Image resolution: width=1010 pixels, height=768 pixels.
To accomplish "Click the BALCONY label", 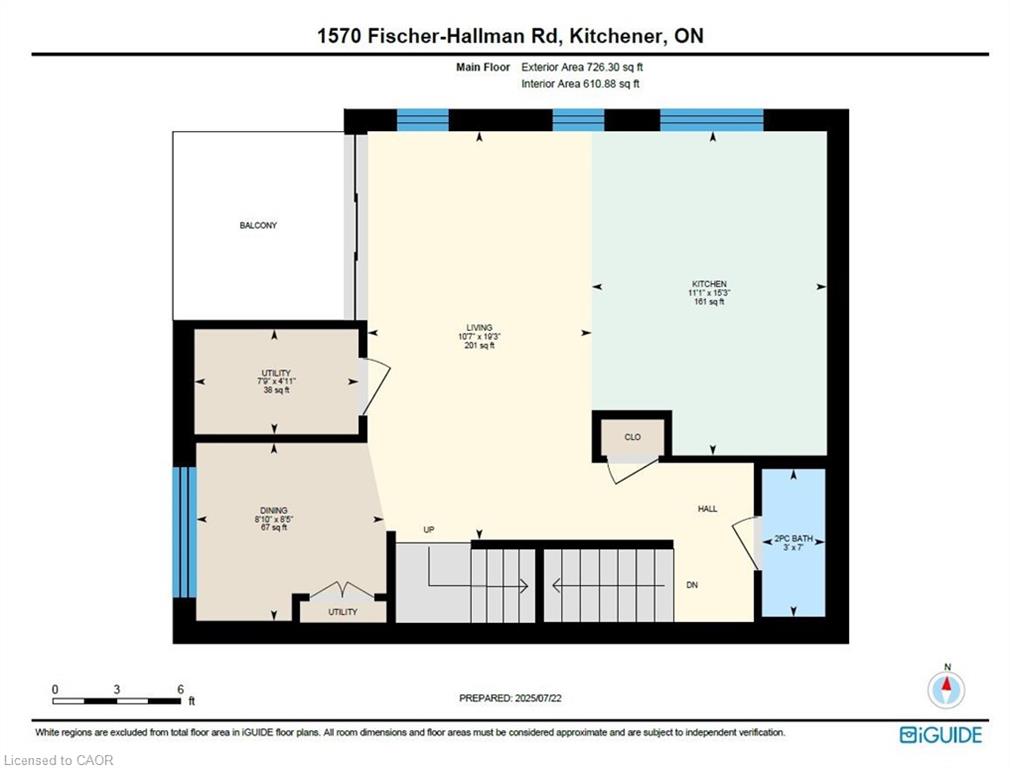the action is [x=258, y=226].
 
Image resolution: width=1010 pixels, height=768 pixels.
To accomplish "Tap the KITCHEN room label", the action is [x=709, y=284].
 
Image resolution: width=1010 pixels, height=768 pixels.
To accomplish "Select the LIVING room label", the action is [x=479, y=328].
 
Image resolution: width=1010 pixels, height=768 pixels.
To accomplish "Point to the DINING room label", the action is [x=274, y=510].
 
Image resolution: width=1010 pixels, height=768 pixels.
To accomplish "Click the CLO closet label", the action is [x=633, y=437].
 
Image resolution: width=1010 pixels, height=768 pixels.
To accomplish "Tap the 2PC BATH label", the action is [x=794, y=539].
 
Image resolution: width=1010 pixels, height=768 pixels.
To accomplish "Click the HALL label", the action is [x=707, y=509].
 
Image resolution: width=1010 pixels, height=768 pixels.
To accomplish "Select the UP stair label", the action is [x=429, y=530].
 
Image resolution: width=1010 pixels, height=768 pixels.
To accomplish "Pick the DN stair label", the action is [x=692, y=585].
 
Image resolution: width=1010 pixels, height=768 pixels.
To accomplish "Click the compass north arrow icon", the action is [x=946, y=689].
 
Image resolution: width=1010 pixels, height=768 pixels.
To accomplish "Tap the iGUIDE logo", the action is [x=941, y=735].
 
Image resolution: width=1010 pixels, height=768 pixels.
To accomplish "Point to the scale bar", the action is [x=117, y=701].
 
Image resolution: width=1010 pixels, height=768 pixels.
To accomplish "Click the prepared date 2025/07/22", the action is [x=538, y=698].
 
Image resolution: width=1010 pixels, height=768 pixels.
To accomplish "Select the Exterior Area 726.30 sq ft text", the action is [x=582, y=67].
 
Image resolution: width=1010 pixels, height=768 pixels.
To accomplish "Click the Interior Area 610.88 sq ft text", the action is [x=580, y=84].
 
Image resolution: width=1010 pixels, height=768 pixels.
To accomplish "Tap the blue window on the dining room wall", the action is [x=184, y=532].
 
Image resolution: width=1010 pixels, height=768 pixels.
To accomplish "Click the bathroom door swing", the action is [x=746, y=542].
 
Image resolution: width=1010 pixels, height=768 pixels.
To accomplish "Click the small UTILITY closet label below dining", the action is [x=343, y=612].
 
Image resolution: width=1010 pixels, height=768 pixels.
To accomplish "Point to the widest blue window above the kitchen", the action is [x=712, y=120].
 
